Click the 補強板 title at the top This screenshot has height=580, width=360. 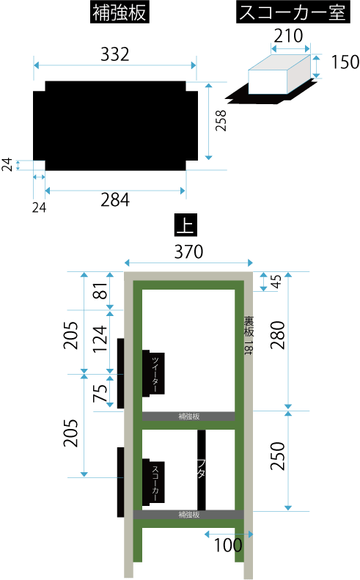click(x=120, y=13)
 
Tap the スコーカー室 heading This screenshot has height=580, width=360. click(x=293, y=12)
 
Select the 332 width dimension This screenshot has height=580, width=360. click(x=115, y=54)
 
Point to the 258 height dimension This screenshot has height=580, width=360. click(x=221, y=120)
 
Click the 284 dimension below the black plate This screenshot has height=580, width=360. click(x=115, y=200)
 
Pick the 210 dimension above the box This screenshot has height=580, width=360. click(x=289, y=36)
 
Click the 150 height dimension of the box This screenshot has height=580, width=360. click(x=345, y=62)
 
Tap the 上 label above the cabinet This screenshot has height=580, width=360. click(x=185, y=225)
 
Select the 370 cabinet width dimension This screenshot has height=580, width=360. click(x=188, y=252)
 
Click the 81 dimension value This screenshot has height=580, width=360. click(x=100, y=291)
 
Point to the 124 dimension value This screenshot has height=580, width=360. click(x=100, y=339)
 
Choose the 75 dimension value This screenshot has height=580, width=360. click(x=100, y=393)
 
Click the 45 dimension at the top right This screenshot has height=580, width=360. click(x=276, y=281)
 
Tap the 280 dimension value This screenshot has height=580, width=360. click(x=278, y=336)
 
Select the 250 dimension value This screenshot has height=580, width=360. click(x=278, y=457)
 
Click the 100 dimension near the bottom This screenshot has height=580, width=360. click(x=228, y=545)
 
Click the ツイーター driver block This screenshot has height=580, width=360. click(x=153, y=373)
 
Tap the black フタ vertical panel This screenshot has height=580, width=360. click(x=202, y=470)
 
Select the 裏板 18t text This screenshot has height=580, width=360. click(x=249, y=336)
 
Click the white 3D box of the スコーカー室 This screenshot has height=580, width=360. click(x=279, y=74)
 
